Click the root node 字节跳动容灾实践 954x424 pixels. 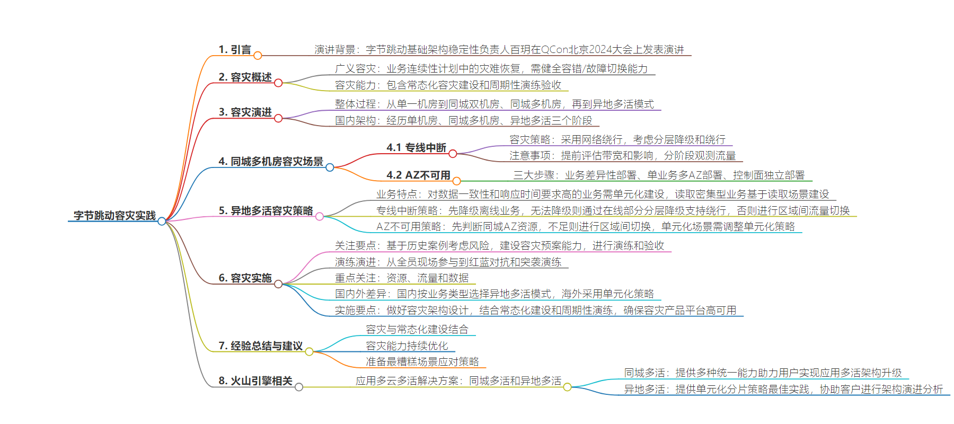114,215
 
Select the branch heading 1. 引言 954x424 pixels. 235,49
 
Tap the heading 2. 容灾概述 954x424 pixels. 245,77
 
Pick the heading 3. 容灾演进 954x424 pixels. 245,112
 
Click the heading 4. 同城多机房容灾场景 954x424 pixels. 271,161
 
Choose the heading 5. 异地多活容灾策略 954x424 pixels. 266,210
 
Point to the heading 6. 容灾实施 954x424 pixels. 245,278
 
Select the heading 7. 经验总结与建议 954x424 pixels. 260,346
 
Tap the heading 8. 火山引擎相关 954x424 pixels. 255,381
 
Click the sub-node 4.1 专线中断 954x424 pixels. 416,147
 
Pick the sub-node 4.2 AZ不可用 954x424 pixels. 418,175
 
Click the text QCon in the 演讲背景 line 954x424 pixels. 555,49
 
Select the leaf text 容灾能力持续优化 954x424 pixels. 407,346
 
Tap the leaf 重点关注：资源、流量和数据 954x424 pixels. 402,278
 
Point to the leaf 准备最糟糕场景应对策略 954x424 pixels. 422,361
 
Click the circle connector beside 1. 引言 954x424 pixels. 258,55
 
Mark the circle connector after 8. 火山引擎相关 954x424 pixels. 299,387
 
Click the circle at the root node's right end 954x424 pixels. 162,221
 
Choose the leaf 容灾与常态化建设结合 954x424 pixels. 417,329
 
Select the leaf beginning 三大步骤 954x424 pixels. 659,175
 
